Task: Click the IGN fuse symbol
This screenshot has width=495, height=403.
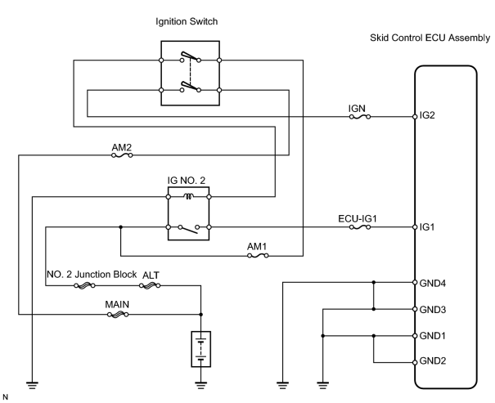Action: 360,117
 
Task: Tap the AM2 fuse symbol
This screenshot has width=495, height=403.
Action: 122,155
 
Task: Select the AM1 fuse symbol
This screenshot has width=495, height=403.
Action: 258,256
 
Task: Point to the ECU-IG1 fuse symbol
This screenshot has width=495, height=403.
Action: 360,227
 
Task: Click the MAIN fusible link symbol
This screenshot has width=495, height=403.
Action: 118,315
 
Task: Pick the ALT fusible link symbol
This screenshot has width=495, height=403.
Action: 150,285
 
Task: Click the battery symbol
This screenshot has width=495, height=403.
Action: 201,349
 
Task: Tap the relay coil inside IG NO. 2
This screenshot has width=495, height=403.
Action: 188,197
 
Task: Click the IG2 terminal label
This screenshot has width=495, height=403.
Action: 427,115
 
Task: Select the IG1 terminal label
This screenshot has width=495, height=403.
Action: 427,227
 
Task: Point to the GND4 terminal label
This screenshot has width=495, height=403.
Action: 433,284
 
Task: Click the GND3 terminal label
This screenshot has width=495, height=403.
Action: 433,310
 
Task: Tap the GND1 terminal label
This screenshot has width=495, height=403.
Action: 433,336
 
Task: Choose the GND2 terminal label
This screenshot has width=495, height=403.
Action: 433,361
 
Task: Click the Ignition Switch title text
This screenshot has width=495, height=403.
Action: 187,22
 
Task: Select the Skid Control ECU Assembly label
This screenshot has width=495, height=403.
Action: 430,38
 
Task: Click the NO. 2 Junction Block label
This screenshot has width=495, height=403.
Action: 92,275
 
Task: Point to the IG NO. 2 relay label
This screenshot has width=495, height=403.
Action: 187,181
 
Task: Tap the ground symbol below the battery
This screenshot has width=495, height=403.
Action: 201,385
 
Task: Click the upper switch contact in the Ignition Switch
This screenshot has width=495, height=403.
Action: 191,57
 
